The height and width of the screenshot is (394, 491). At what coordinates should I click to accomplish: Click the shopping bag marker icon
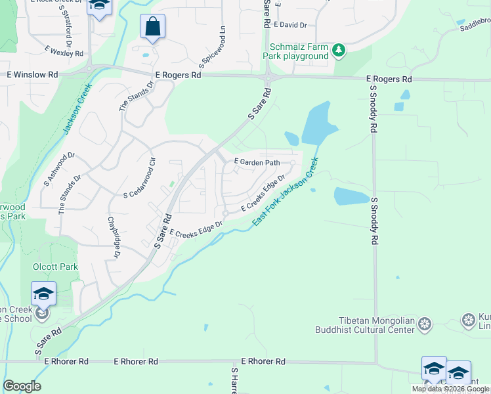pos(152,28)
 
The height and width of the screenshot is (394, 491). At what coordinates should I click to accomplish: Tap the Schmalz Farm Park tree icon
pos(339,50)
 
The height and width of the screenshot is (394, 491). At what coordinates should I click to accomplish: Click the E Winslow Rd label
pos(28,75)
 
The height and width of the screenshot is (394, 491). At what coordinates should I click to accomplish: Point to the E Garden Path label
pos(257,162)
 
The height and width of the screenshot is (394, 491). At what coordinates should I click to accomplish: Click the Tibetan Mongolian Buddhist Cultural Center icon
pos(425,324)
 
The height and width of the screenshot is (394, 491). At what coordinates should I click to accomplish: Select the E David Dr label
pos(291,25)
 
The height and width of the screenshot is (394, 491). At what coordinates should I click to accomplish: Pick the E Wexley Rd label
pos(64,51)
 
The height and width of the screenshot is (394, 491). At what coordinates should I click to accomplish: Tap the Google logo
pos(22,386)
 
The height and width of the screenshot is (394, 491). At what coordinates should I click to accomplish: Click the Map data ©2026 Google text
pos(450,389)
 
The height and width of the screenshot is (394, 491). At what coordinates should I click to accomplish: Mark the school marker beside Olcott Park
pos(43,293)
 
